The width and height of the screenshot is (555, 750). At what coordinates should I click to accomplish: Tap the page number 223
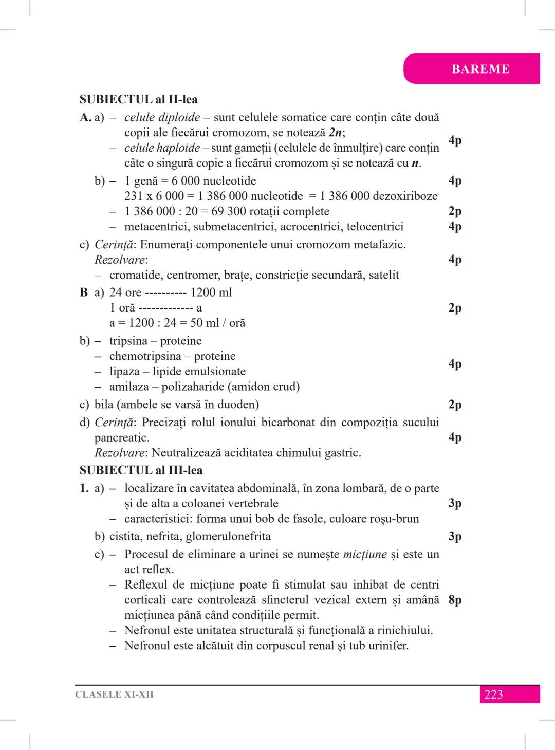point(493,694)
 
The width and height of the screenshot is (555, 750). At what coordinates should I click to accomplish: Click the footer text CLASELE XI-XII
point(114,694)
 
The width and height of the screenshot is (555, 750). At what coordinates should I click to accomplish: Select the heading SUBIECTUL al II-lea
point(138,99)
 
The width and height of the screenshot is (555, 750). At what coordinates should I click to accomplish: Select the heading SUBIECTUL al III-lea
point(141,470)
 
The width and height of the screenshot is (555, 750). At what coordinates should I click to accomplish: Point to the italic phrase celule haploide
point(162,148)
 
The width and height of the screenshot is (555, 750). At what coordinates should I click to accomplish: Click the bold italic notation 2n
point(336,133)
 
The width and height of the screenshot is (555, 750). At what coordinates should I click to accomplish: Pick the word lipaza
point(124,372)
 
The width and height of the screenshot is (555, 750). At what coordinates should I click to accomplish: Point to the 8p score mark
point(455,600)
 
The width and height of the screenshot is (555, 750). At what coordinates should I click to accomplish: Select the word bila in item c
point(104,405)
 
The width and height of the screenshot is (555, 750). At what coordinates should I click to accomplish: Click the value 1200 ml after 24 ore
point(211,292)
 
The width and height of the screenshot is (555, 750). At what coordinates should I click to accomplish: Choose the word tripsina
point(128,341)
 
